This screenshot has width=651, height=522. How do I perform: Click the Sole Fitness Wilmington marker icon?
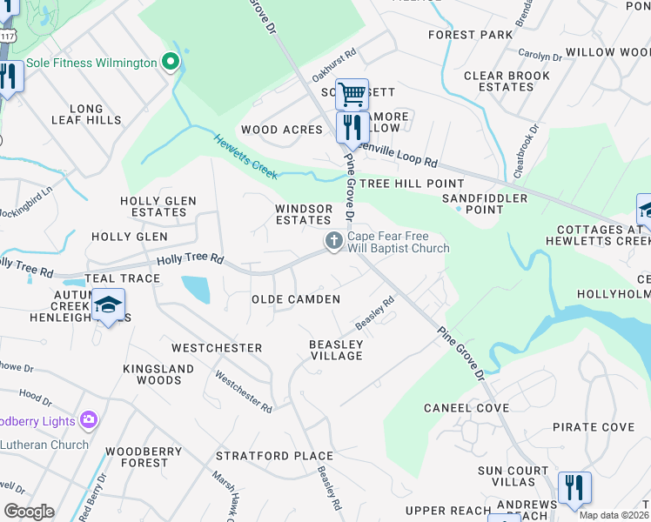tap(171, 63)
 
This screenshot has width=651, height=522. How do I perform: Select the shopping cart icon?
tap(352, 93)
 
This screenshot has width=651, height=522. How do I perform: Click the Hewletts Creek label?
tap(245, 157)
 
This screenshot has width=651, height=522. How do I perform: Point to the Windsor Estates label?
tap(304, 214)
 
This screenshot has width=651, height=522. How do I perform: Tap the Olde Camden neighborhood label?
tap(295, 299)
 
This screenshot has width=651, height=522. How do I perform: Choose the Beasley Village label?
tap(336, 350)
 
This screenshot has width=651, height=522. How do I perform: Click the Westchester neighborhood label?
tap(217, 348)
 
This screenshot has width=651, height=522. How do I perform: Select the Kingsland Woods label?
tap(158, 374)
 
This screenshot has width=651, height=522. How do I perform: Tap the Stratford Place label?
tap(274, 456)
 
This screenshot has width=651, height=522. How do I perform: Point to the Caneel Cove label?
tap(466, 408)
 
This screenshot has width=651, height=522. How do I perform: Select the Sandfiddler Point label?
tap(485, 204)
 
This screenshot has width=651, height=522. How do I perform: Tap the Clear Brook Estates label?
tap(507, 81)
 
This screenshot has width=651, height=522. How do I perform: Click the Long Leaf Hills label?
tap(86, 115)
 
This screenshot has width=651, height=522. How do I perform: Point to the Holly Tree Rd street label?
tap(190, 259)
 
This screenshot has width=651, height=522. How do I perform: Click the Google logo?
tap(29, 512)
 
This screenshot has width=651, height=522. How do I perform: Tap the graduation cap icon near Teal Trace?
tap(108, 304)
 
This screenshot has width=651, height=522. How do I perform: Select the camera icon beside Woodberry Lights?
tap(88, 421)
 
